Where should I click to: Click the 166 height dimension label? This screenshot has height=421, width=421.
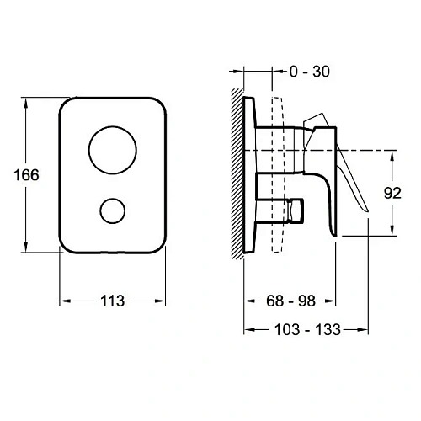point(26,175)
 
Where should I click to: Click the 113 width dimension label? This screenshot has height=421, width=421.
point(113,301)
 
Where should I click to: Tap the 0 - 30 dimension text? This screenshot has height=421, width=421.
point(310,72)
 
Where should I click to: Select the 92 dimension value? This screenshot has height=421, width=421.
point(392,193)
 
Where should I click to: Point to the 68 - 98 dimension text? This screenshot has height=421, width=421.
point(290,301)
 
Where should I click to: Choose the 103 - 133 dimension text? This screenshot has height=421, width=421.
point(307,329)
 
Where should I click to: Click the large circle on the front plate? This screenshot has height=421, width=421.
point(113,150)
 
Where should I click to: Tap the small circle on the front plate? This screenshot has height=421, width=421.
point(113,210)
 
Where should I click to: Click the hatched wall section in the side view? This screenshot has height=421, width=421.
point(237,174)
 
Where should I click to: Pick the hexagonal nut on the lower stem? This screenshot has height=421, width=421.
point(296,210)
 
